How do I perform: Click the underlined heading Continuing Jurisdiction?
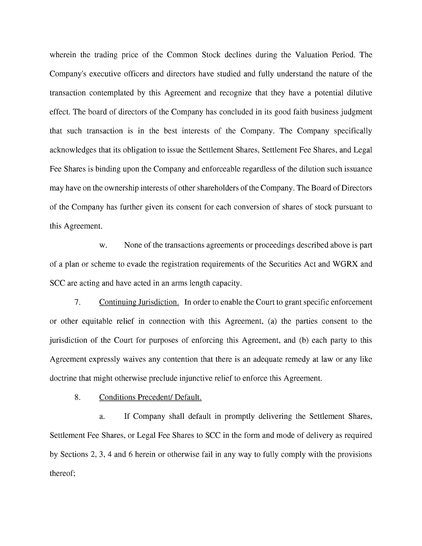pyautogui.click(x=139, y=302)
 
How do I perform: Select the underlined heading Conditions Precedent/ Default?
pyautogui.click(x=150, y=398)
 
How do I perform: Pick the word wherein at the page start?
pyautogui.click(x=63, y=55)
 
